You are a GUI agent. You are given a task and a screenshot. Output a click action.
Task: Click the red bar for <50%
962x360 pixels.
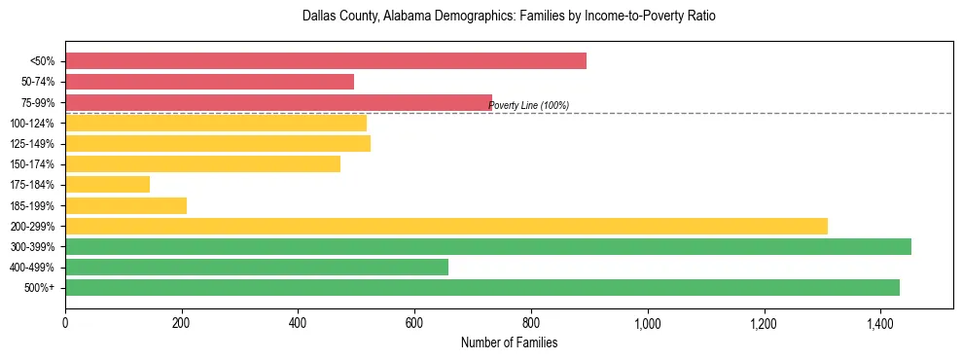(326, 61)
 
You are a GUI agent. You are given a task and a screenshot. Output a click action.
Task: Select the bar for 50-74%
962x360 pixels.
(209, 82)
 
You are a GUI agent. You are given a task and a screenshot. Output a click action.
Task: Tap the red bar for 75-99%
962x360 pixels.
(278, 102)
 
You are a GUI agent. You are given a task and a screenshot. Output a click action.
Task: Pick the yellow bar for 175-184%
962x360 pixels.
(107, 184)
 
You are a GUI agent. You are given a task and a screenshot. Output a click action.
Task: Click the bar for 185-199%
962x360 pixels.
(125, 205)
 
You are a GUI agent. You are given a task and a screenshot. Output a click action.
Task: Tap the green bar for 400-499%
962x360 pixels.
(257, 267)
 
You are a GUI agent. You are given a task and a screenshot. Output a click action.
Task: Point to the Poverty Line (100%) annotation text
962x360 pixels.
(528, 106)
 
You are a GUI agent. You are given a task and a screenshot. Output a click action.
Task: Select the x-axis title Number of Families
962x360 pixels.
(509, 342)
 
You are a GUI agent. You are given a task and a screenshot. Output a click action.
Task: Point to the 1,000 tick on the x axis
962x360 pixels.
(647, 322)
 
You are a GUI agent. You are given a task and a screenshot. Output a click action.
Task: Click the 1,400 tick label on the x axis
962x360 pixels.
(879, 322)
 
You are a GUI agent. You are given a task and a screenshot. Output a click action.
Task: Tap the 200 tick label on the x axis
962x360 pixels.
(181, 322)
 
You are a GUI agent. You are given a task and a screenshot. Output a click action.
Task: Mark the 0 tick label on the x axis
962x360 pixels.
(65, 322)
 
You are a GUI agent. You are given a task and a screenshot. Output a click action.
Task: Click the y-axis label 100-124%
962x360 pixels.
(33, 124)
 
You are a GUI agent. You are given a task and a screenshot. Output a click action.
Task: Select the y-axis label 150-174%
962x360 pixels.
(33, 164)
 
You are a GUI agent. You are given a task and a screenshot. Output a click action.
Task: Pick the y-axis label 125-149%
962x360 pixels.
(33, 144)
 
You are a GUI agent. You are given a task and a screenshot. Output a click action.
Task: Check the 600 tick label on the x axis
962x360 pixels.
(414, 322)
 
